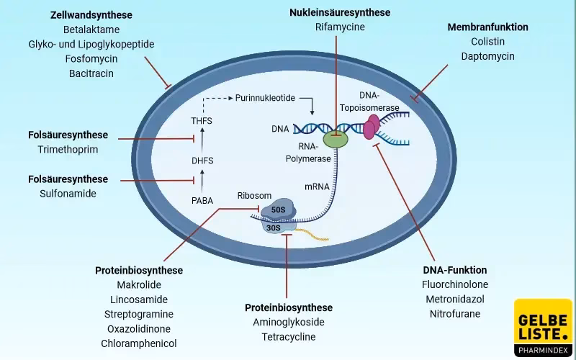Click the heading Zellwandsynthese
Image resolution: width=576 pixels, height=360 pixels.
tap(91, 15)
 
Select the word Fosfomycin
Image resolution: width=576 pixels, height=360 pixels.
tap(91, 59)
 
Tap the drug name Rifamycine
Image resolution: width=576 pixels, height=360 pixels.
tap(340, 27)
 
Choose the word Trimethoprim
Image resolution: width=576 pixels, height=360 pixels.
tap(68, 149)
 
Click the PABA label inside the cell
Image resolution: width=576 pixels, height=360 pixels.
tap(202, 201)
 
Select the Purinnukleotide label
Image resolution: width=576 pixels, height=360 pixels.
tap(265, 97)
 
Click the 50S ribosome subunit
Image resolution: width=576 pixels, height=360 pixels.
tap(276, 210)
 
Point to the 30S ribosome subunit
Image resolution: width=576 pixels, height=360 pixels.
tap(274, 228)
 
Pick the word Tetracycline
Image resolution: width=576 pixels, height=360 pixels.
tap(289, 336)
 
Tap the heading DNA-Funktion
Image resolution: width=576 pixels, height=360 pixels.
tap(455, 270)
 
